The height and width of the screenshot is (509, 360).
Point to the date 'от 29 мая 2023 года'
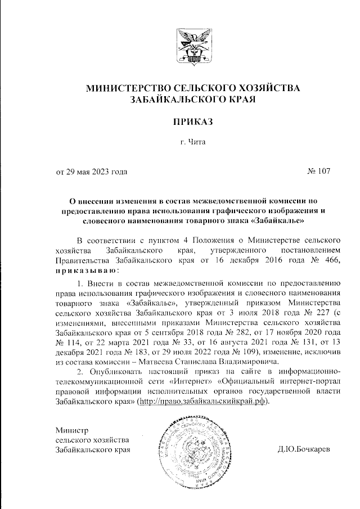91,172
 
